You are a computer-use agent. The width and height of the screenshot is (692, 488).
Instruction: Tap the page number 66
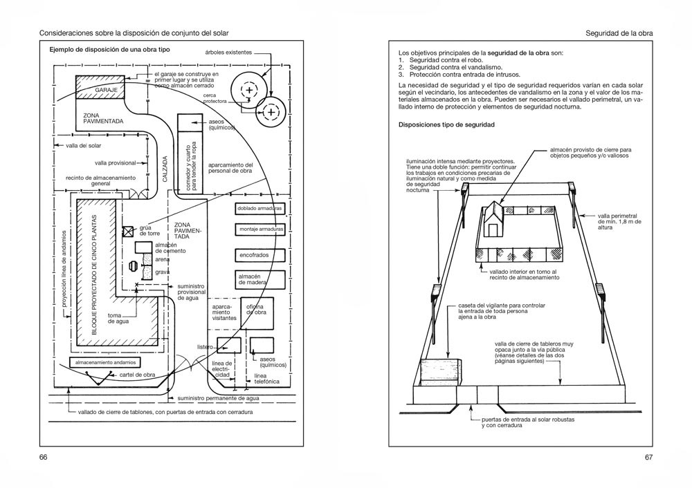(43, 457)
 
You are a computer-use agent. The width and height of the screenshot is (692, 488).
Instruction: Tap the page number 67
(648, 457)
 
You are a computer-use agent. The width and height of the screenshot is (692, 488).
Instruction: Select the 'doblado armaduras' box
(259, 209)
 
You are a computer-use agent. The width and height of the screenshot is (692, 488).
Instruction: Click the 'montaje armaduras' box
(259, 229)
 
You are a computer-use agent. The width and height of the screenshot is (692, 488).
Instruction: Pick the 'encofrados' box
(259, 255)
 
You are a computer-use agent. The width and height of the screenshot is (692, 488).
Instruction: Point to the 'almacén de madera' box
(259, 279)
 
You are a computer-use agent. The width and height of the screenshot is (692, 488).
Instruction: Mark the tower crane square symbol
(127, 232)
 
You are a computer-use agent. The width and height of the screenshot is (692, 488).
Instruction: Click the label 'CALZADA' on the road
(165, 169)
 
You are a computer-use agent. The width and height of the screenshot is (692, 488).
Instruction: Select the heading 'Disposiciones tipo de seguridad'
(446, 124)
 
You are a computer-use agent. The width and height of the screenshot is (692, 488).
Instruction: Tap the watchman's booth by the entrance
(440, 372)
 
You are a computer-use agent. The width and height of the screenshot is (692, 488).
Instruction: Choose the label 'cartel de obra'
(137, 375)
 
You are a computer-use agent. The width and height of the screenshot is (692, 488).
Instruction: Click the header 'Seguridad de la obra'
(619, 33)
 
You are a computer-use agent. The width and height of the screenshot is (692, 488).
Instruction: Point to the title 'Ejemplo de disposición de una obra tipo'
(109, 50)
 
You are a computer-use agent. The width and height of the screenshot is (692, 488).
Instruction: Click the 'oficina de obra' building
(257, 313)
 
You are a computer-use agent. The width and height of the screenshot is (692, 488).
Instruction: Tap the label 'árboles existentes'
(228, 53)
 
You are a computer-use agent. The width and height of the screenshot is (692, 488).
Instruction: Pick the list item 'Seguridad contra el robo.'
(446, 60)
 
